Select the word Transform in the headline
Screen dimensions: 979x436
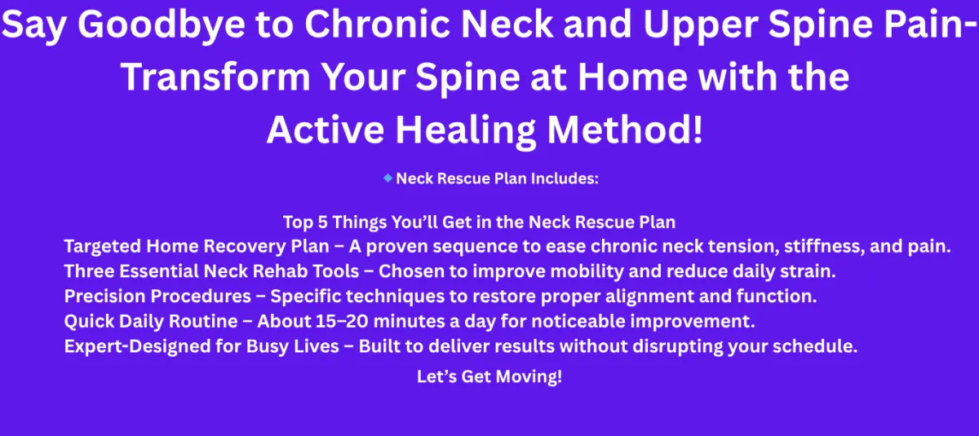[215, 77]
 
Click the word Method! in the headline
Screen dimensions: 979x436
[626, 130]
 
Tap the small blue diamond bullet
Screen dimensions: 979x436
[388, 178]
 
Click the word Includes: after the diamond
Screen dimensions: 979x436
[565, 178]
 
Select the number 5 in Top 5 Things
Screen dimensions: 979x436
[322, 222]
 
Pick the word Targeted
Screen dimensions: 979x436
[103, 247]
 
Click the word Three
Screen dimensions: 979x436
[89, 271]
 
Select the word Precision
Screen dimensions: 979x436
[105, 297]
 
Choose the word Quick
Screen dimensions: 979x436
[89, 322]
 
